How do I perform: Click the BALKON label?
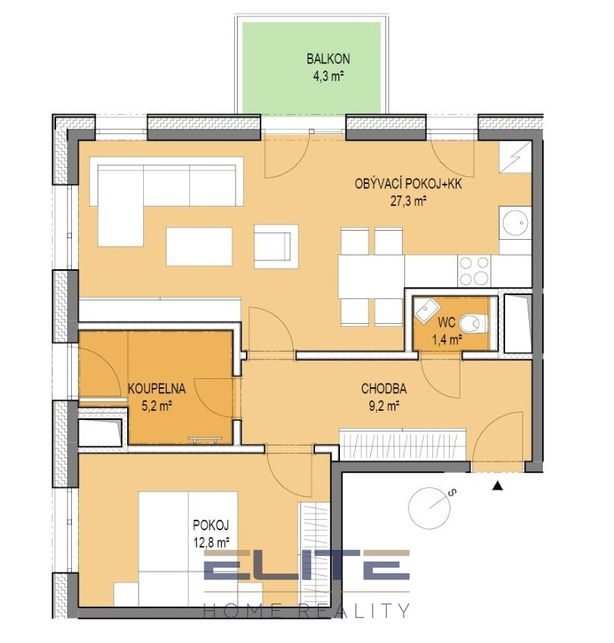[x=328, y=59]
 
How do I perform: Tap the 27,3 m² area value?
[x=408, y=201]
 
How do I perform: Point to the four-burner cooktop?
[x=475, y=270]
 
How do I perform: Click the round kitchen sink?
[x=515, y=222]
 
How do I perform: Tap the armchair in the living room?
[x=276, y=246]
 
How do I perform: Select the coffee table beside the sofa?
[x=199, y=247]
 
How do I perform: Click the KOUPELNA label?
[x=157, y=388]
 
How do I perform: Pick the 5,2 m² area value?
[x=157, y=405]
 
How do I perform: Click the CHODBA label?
[x=384, y=388]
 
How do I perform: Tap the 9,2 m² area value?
[x=385, y=405]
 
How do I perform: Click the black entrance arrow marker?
[x=497, y=486]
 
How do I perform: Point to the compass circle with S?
[x=429, y=508]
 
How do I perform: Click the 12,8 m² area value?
[x=211, y=542]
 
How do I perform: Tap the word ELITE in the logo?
[x=307, y=564]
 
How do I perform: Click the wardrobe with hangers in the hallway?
[x=402, y=444]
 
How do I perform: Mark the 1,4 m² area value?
[x=447, y=340]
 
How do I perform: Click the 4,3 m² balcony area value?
[x=328, y=76]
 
